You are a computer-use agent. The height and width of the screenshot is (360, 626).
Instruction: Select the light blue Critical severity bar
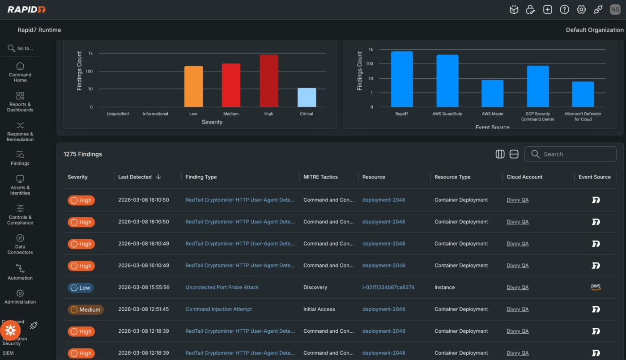point(307,97)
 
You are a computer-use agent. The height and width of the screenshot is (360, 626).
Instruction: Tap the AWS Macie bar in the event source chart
point(492,93)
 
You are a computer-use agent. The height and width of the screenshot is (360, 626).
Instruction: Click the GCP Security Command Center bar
point(537,86)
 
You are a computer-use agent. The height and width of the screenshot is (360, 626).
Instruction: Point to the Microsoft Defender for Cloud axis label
point(583,116)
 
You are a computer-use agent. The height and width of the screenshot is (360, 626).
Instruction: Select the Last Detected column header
point(135,177)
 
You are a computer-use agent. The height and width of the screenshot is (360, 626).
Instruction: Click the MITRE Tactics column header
point(320,177)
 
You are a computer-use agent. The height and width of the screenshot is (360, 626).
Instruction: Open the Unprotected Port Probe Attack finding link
point(222,288)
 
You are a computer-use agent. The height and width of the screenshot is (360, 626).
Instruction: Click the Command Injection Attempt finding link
point(218,309)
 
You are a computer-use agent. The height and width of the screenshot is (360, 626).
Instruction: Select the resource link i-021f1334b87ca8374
point(388,288)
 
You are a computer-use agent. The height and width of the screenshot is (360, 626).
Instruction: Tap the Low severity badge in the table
point(81,288)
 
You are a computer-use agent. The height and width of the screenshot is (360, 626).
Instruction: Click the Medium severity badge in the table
point(85,309)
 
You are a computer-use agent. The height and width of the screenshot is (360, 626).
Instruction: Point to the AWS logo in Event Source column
point(595,287)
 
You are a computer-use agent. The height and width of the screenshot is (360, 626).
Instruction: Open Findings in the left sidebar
point(20,158)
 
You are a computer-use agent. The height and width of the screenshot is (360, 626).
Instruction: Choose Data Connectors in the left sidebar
point(20,244)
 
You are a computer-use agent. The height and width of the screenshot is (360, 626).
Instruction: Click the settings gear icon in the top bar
point(581,9)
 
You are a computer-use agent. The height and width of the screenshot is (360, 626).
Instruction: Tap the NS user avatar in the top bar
point(615,9)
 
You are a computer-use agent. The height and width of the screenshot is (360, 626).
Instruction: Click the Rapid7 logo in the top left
point(26,9)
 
